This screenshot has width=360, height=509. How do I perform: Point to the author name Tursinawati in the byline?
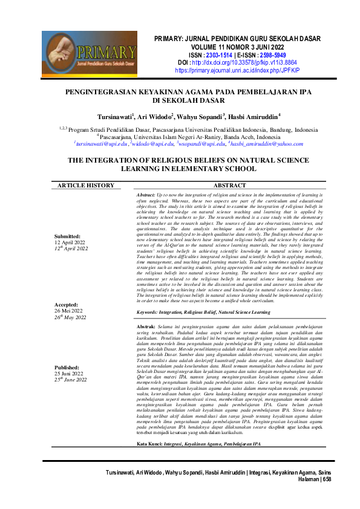(116, 115)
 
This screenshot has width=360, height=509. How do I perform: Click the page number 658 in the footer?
(327, 496)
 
